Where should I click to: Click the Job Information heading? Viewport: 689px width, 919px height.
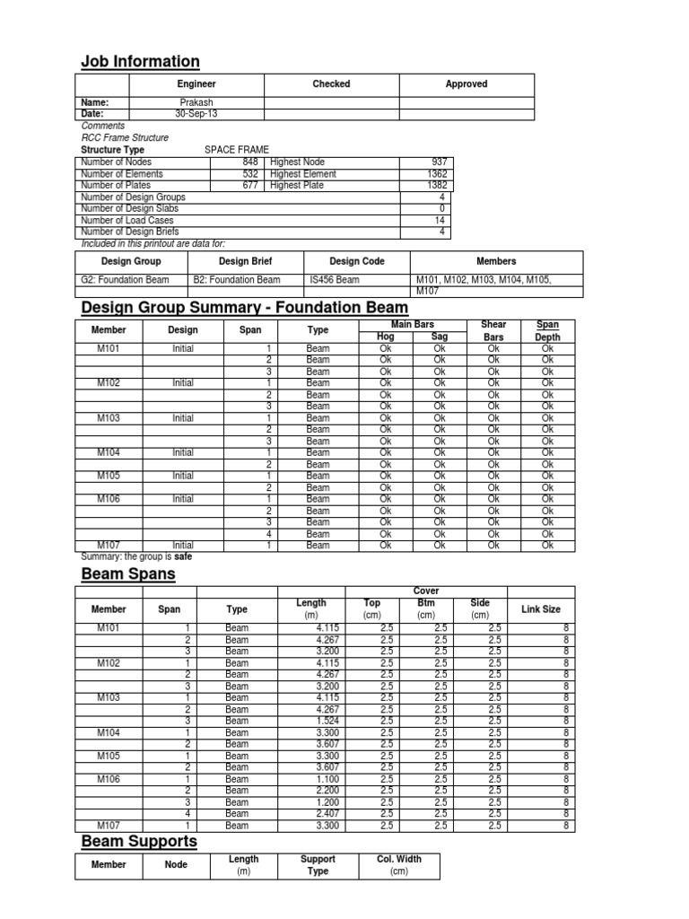pos(140,61)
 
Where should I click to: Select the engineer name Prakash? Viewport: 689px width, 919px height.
pos(196,102)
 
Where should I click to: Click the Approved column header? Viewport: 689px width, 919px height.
pos(467,84)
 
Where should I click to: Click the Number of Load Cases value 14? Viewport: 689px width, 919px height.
pos(440,220)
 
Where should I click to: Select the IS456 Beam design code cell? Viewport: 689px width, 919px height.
pos(334,280)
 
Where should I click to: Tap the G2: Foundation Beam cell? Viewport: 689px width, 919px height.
pos(122,280)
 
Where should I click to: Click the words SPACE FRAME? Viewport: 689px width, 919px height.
pos(237,149)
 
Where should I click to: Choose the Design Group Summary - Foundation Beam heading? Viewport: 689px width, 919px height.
pos(244,308)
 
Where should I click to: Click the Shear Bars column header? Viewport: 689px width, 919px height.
pos(493,330)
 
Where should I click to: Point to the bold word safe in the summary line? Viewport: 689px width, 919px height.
pos(182,556)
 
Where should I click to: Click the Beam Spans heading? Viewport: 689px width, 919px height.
pos(128,573)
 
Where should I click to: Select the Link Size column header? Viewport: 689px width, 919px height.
pos(541,610)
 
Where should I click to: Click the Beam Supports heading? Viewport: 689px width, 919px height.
pos(139,841)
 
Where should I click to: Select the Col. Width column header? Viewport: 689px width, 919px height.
pos(398,865)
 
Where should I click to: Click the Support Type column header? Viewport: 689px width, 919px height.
pos(318,865)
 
